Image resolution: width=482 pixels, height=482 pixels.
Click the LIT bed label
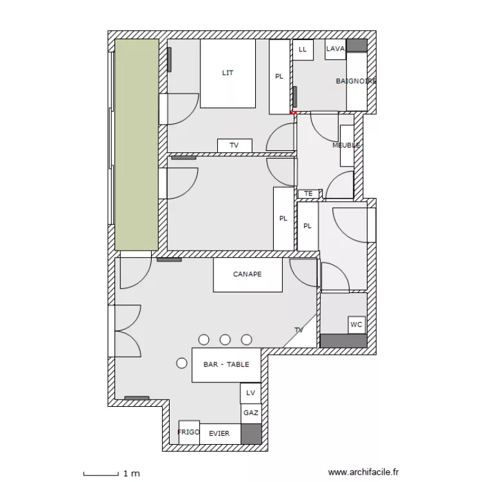[228, 73]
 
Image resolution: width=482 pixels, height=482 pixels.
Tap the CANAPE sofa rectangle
[248, 274]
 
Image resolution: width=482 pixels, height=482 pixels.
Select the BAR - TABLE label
[226, 364]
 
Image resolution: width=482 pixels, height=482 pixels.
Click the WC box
[357, 325]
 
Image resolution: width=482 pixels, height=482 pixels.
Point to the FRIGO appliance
[189, 433]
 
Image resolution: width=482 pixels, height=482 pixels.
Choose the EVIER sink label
[219, 433]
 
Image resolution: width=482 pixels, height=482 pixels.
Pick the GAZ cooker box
[251, 413]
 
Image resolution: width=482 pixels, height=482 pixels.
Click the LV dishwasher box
[251, 393]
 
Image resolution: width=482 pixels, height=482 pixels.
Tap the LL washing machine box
[303, 49]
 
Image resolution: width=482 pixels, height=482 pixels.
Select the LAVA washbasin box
[335, 49]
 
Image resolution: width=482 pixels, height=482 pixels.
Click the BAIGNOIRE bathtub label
[356, 81]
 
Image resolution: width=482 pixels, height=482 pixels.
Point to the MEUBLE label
[346, 145]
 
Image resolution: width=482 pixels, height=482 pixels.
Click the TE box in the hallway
[309, 193]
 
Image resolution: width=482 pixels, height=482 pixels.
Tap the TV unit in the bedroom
[235, 145]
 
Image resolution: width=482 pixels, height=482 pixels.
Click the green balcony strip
[137, 145]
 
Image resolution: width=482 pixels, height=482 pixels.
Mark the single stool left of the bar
[182, 363]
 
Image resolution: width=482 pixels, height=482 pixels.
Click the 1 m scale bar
[101, 474]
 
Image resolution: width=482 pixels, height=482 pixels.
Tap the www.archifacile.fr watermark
[363, 472]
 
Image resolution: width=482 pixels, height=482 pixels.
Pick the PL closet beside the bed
[280, 77]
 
